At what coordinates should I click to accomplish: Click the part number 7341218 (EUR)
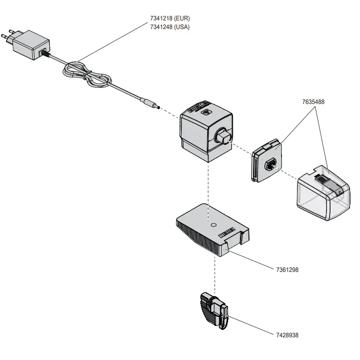[170, 19]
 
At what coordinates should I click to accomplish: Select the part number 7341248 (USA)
[170, 27]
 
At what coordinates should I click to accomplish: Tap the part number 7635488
[312, 102]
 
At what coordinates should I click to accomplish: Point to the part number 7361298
[287, 270]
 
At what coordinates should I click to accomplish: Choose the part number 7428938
[287, 335]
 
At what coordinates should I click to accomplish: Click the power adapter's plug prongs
[9, 36]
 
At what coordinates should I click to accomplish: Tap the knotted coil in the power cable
[86, 76]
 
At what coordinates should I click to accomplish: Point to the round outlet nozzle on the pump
[223, 136]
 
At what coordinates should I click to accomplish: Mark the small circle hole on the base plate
[213, 224]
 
